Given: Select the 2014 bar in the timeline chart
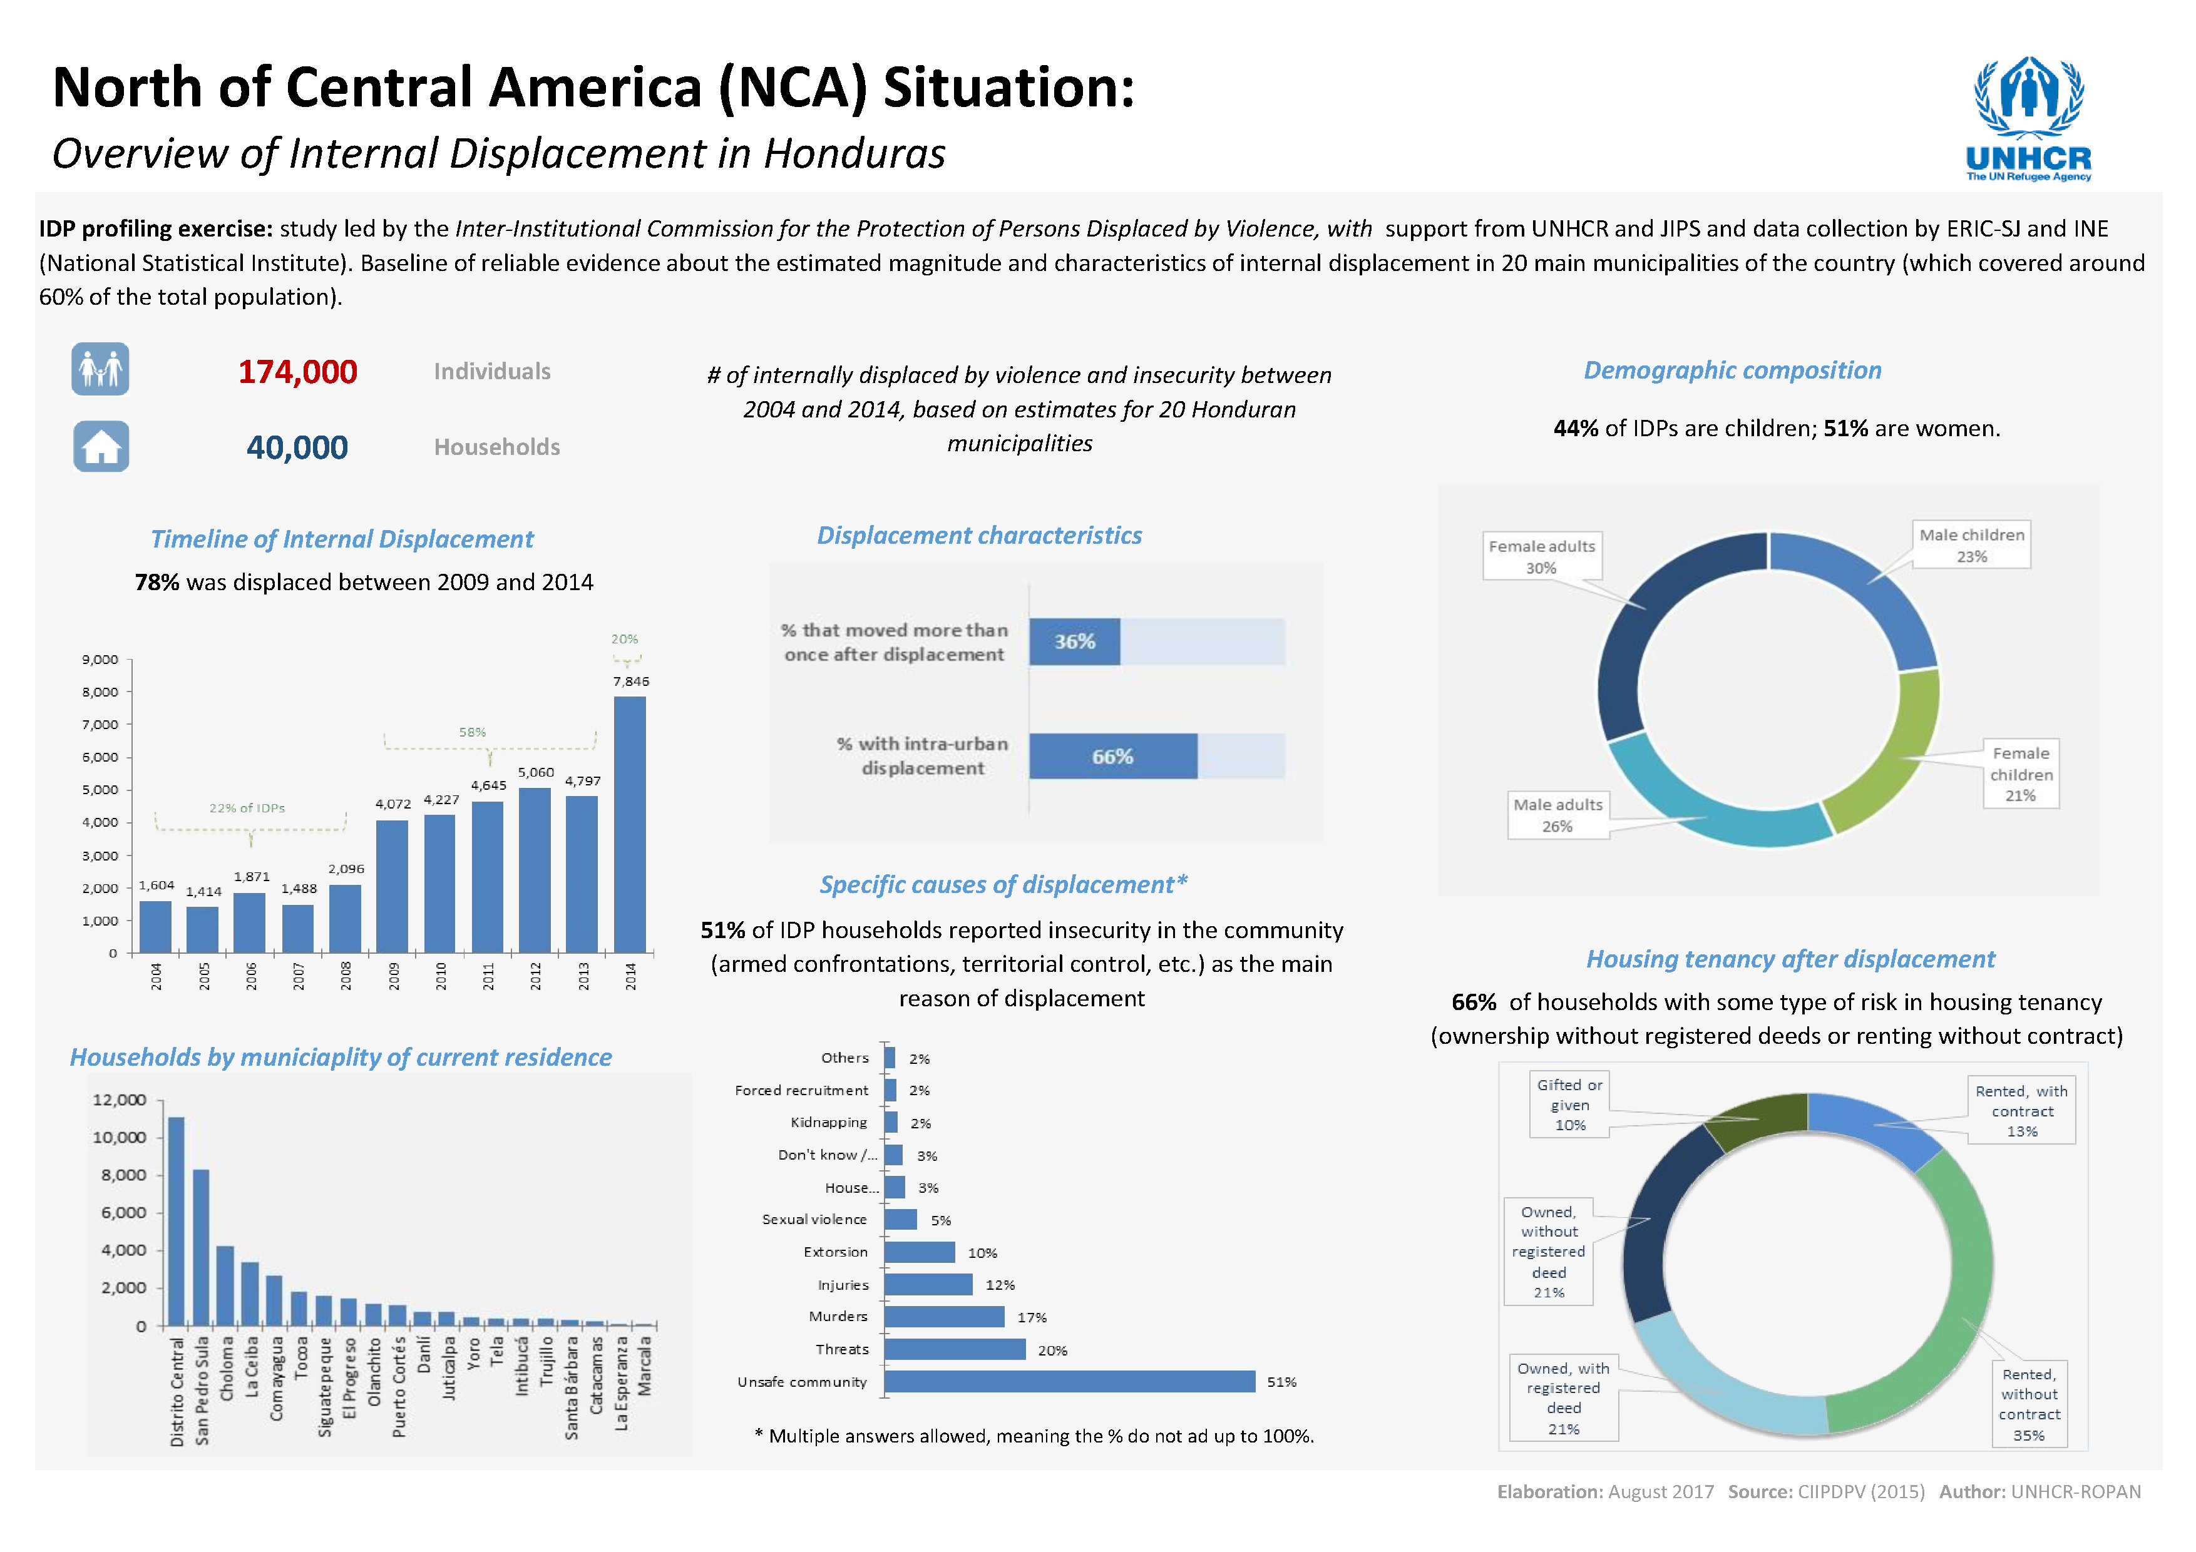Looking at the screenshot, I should tap(629, 824).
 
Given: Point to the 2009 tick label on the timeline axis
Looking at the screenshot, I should tap(394, 976).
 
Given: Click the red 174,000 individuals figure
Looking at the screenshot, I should tap(297, 372).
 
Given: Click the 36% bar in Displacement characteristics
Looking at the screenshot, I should tap(1074, 641).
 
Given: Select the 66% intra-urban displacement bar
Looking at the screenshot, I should tap(1112, 757).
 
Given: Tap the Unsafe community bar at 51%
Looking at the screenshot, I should tap(1069, 1382).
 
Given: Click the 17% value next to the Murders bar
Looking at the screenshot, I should tap(1032, 1318).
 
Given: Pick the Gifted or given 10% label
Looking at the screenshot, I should tap(1569, 1105).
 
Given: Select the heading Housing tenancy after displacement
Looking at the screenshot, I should tap(1790, 959).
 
